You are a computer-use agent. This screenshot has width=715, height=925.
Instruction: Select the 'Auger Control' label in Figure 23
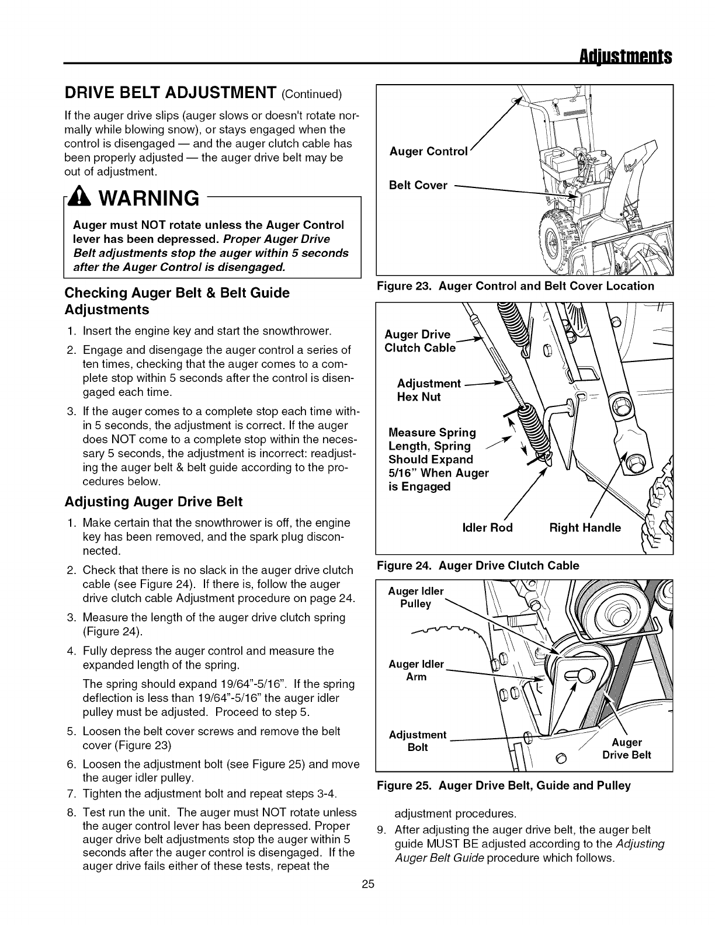pyautogui.click(x=429, y=152)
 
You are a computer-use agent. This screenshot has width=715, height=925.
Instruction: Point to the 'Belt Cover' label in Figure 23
pyautogui.click(x=418, y=186)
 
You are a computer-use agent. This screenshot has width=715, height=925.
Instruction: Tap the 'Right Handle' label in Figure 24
pyautogui.click(x=585, y=528)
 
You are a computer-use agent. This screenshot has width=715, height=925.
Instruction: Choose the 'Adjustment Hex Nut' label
pyautogui.click(x=428, y=390)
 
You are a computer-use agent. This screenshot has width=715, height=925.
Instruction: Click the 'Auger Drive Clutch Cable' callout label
pyautogui.click(x=419, y=341)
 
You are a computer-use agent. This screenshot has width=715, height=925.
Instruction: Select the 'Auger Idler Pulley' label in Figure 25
pyautogui.click(x=416, y=597)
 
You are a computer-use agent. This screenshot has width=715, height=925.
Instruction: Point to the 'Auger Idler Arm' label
pyautogui.click(x=416, y=670)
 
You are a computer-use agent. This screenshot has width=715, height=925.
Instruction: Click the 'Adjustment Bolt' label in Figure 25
pyautogui.click(x=417, y=741)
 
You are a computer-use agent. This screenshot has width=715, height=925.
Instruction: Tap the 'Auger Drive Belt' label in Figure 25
pyautogui.click(x=626, y=749)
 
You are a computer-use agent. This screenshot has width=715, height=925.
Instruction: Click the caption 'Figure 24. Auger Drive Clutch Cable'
pyautogui.click(x=478, y=565)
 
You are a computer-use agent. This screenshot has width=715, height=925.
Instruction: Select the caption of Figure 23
pyautogui.click(x=515, y=286)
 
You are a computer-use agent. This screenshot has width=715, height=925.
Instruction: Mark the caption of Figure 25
pyautogui.click(x=504, y=786)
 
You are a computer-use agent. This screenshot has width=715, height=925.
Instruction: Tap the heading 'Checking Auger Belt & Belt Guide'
pyautogui.click(x=177, y=293)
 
